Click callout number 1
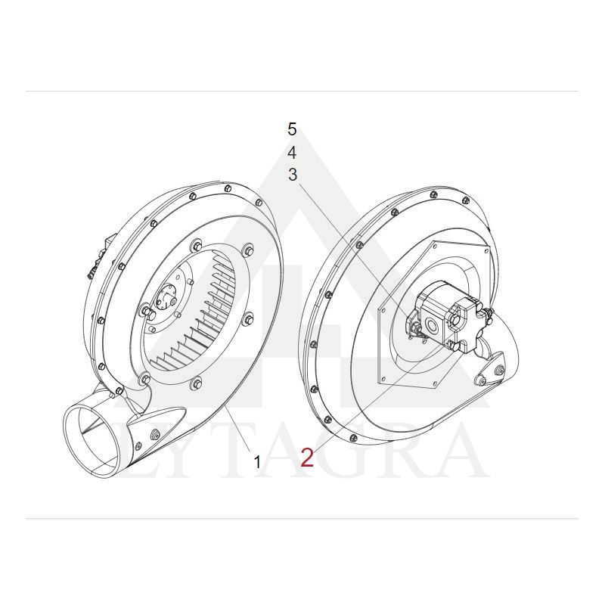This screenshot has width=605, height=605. pyautogui.click(x=257, y=461)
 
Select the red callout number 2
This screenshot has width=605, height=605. pyautogui.click(x=308, y=458)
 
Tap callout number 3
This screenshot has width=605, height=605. pyautogui.click(x=293, y=175)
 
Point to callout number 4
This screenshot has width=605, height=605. pyautogui.click(x=292, y=153)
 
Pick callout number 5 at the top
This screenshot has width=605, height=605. pyautogui.click(x=292, y=129)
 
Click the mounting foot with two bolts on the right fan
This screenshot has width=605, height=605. pyautogui.click(x=490, y=371)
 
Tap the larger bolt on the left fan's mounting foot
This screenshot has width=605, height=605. pyautogui.click(x=156, y=434)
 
